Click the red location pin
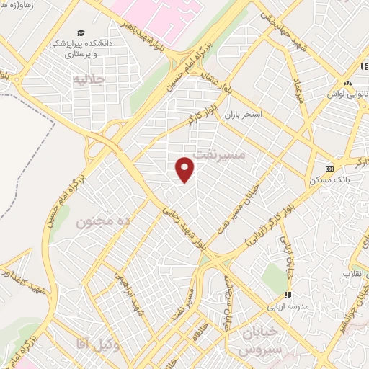click(x=186, y=169)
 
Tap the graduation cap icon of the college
click(x=81, y=33)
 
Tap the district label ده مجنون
click(x=103, y=223)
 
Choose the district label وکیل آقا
click(x=92, y=347)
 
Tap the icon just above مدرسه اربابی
click(x=288, y=295)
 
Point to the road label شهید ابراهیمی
click(x=137, y=295)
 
